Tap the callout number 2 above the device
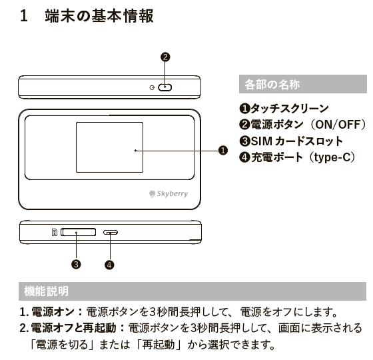click(x=166, y=57)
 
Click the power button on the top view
click(x=165, y=87)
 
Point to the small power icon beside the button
click(x=153, y=87)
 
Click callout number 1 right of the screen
click(x=223, y=151)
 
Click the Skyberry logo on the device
click(x=169, y=194)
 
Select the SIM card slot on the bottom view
click(x=78, y=233)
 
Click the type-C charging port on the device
click(x=111, y=233)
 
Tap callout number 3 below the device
click(x=77, y=264)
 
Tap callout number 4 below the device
click(x=109, y=264)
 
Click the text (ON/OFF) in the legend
click(x=340, y=124)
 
